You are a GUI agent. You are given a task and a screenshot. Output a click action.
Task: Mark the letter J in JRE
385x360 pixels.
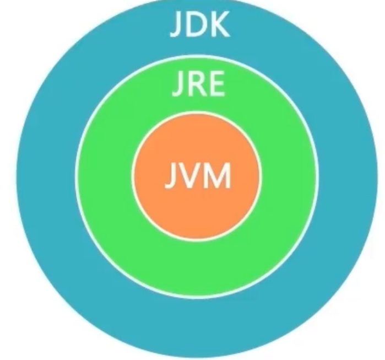[178, 86]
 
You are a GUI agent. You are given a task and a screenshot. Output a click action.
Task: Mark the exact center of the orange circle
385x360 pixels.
[196, 177]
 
